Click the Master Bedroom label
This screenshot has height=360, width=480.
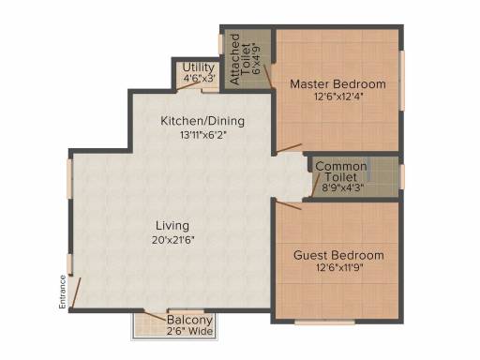click(x=337, y=84)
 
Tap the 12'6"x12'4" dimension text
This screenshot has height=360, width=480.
click(x=338, y=97)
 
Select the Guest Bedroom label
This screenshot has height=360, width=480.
click(x=338, y=255)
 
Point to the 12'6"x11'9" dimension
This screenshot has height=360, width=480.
click(x=339, y=268)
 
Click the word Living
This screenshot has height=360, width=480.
click(x=172, y=226)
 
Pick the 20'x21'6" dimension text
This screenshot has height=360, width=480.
click(x=173, y=240)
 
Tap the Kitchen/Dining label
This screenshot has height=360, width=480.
click(x=202, y=121)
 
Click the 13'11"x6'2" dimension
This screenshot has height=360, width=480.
click(x=202, y=135)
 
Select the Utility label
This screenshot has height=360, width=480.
click(x=199, y=67)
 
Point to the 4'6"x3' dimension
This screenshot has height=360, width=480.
click(x=200, y=78)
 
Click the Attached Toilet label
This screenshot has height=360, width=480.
click(x=240, y=59)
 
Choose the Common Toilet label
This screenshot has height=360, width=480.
click(x=341, y=172)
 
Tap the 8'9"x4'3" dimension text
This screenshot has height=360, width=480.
click(x=343, y=187)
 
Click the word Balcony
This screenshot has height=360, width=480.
click(x=189, y=320)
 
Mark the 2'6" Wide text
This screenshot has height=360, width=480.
click(x=189, y=331)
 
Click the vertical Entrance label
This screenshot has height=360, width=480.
click(x=63, y=292)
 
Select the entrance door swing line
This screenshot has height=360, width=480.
click(x=76, y=292)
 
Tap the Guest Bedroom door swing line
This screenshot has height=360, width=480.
click(x=289, y=205)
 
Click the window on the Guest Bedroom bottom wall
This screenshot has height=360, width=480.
click(x=324, y=322)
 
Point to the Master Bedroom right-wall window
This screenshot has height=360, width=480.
click(x=402, y=81)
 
